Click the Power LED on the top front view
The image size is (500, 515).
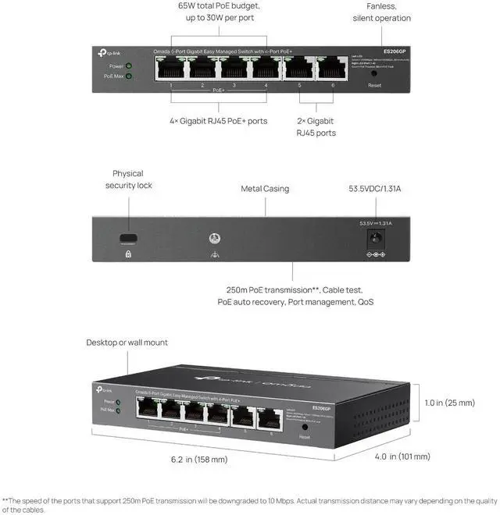[x=128, y=66]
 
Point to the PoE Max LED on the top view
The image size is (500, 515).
[x=128, y=76]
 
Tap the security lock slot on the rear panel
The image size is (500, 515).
[x=127, y=238]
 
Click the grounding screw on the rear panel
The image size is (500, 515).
[x=211, y=237]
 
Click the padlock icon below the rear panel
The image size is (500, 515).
[x=127, y=254]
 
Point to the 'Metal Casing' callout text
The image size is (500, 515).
[x=264, y=189]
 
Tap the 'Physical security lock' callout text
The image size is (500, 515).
[x=129, y=179]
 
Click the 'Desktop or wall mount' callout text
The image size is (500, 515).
[x=127, y=343]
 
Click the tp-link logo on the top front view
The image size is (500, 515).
[x=109, y=51]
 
